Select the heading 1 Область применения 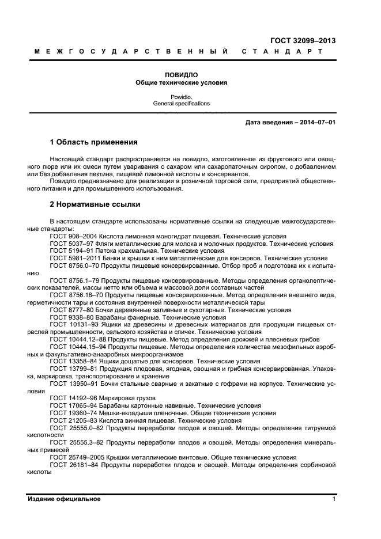93,142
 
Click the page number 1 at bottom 334,499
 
